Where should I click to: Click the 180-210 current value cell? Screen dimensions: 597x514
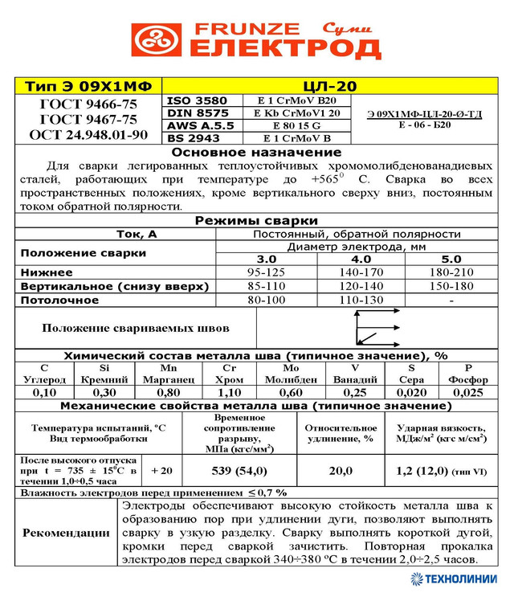click(451, 272)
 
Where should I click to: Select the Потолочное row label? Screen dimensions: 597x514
click(59, 300)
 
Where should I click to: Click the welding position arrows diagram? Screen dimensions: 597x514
click(376, 326)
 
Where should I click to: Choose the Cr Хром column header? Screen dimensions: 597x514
click(231, 374)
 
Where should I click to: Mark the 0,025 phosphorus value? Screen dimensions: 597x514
click(468, 393)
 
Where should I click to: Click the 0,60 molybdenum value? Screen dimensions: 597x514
click(291, 393)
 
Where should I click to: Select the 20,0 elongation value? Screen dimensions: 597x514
click(341, 470)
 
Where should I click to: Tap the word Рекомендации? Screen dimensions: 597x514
click(66, 533)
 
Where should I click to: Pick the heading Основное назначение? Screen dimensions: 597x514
click(256, 152)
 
